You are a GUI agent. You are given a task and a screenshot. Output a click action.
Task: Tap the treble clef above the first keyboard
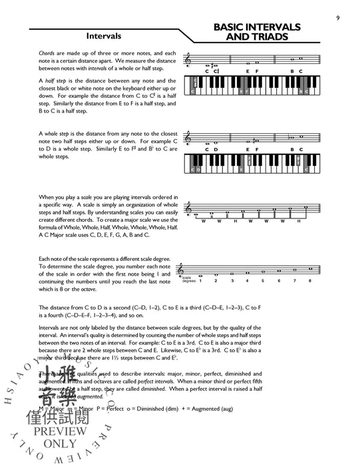pyautogui.click(x=193, y=61)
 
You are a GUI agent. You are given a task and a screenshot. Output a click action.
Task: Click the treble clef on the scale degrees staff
pyautogui.click(x=193, y=266)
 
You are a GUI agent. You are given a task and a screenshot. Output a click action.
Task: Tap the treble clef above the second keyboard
pyautogui.click(x=193, y=139)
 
